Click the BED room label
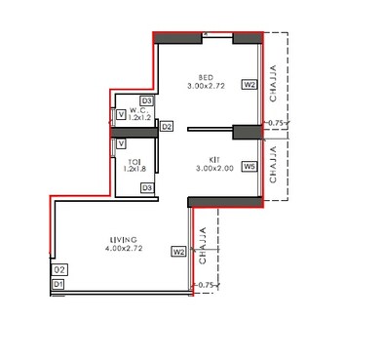[x=206, y=77]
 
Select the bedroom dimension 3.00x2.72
[x=207, y=86]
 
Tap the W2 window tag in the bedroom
[x=249, y=86]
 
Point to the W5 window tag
[x=249, y=167]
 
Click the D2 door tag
[x=167, y=127]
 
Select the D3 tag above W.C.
[x=147, y=100]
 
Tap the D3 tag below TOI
[x=146, y=187]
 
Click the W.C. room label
[x=136, y=109]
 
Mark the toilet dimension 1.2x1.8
[x=134, y=169]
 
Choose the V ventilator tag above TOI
[x=120, y=141]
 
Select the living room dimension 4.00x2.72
[x=123, y=248]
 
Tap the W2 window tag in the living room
[x=178, y=252]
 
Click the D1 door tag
[x=58, y=283]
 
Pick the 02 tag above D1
[x=58, y=269]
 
